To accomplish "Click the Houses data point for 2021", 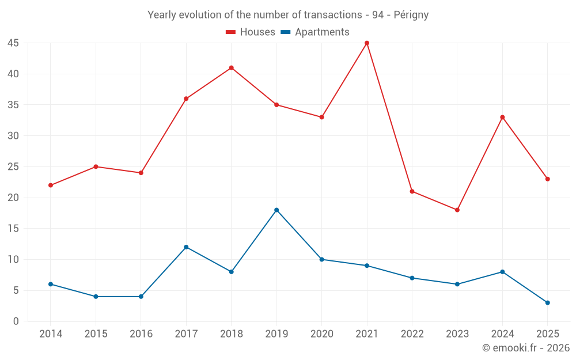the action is [x=366, y=43].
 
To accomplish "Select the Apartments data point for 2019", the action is [x=276, y=210].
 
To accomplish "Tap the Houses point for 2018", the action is [x=232, y=67].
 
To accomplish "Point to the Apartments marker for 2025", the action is [x=547, y=303].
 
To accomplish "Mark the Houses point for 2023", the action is [x=457, y=210].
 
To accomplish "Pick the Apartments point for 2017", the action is [x=186, y=247].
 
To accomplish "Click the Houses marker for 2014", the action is [x=51, y=185].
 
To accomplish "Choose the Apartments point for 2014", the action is [x=51, y=285].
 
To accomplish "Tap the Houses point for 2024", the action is [x=502, y=117].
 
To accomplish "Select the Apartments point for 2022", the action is [x=412, y=278].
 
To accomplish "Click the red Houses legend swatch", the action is [x=231, y=32].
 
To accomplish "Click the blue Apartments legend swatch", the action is [x=286, y=32].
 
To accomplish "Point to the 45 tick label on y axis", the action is [x=13, y=43].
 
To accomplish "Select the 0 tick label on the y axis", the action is [x=16, y=321].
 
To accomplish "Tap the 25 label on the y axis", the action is [x=13, y=167].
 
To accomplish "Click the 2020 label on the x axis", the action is [x=322, y=334].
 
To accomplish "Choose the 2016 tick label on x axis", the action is [x=141, y=334].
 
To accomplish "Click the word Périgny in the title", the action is [x=411, y=15].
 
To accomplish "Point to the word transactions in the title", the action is [x=333, y=15].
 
